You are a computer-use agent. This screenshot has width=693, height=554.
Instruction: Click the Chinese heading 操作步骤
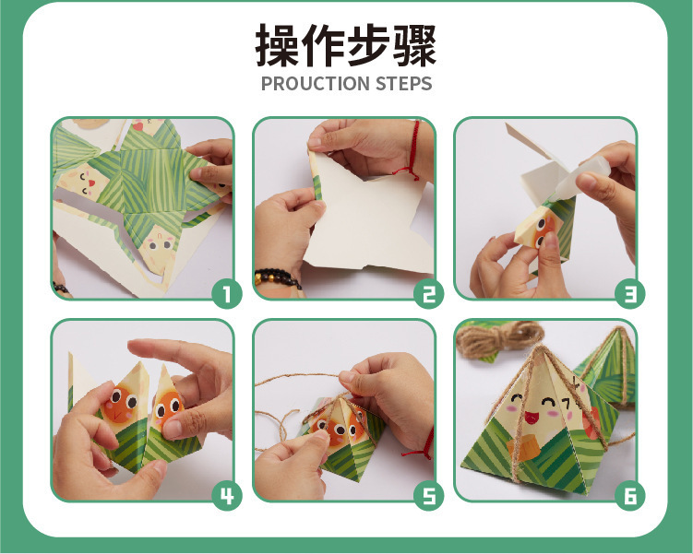(x=346, y=45)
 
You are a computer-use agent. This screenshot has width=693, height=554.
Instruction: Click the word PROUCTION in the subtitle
(x=315, y=84)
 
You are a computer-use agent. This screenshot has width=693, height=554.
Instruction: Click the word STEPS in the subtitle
(x=403, y=84)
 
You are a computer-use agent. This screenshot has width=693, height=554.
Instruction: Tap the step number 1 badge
(x=227, y=293)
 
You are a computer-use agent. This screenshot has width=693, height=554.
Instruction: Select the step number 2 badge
(x=429, y=293)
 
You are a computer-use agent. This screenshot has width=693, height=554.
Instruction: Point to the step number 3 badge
(x=630, y=293)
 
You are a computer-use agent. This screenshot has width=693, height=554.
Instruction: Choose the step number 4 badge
(x=227, y=495)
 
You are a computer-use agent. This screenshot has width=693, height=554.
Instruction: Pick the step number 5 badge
(x=429, y=495)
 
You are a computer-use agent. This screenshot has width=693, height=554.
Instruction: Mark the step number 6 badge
(x=630, y=495)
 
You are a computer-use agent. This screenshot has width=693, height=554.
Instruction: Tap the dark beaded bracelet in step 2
(x=276, y=277)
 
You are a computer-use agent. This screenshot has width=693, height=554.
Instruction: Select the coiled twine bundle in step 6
(x=498, y=339)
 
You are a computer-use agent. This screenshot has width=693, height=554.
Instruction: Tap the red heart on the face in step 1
(x=91, y=183)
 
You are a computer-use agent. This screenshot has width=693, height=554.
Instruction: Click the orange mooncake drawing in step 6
(x=524, y=447)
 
